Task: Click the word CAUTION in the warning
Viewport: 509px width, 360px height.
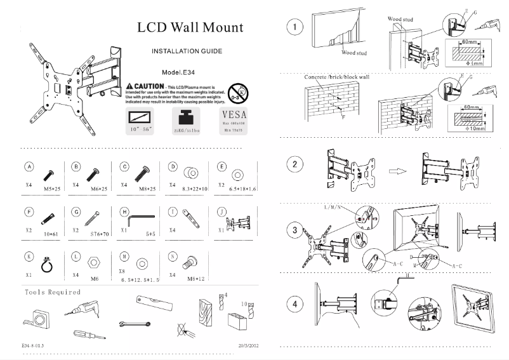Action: pos(148,85)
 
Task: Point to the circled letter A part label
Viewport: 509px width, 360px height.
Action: pos(29,166)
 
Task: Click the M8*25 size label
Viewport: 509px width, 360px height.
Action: pos(147,189)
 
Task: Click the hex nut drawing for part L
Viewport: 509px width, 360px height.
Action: pos(93,262)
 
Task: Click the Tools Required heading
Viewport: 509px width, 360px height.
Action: pos(53,292)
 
